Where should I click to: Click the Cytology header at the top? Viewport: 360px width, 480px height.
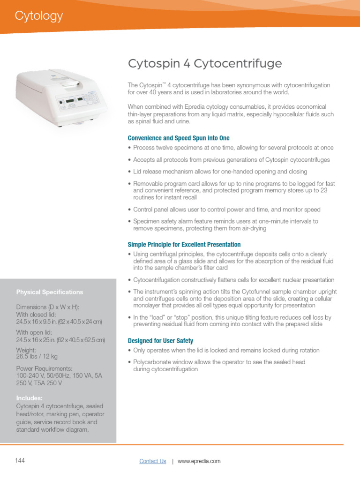[38, 16]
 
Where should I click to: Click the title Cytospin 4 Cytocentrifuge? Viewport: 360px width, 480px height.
[205, 64]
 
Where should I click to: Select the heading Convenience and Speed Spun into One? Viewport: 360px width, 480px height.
[179, 138]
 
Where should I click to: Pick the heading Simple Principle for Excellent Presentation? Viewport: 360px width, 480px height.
[184, 245]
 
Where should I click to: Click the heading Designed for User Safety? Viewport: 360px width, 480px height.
[160, 341]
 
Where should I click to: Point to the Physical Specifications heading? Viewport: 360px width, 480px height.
[50, 292]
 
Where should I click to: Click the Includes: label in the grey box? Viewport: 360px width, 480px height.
[30, 398]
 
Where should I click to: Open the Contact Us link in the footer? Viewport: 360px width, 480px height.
[152, 461]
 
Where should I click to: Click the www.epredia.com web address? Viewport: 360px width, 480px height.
[199, 461]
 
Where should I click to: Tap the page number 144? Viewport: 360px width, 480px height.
[20, 460]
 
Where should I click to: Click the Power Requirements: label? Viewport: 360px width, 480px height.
[44, 368]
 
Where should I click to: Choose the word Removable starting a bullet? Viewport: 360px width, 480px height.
[149, 184]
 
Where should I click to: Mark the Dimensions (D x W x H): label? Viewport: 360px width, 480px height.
[48, 307]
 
